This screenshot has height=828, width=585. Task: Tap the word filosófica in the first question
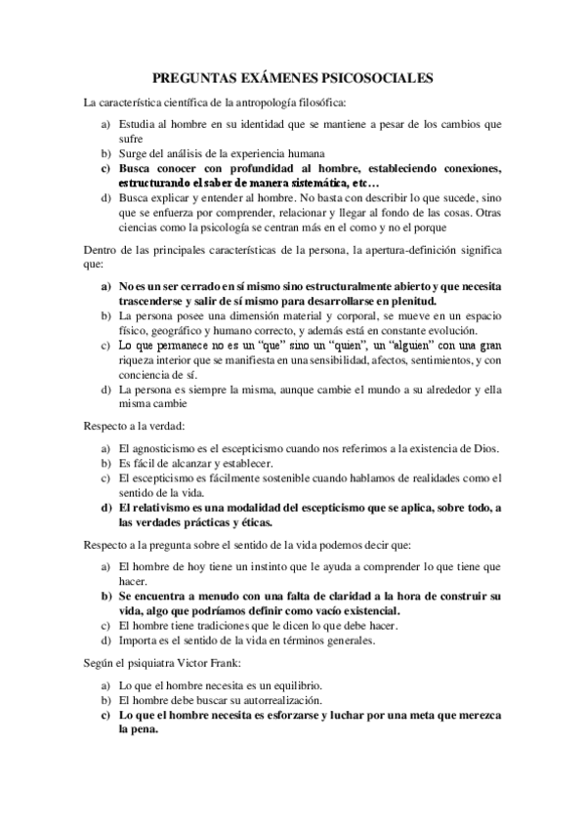[312, 102]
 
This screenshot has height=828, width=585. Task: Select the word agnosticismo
[172, 448]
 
